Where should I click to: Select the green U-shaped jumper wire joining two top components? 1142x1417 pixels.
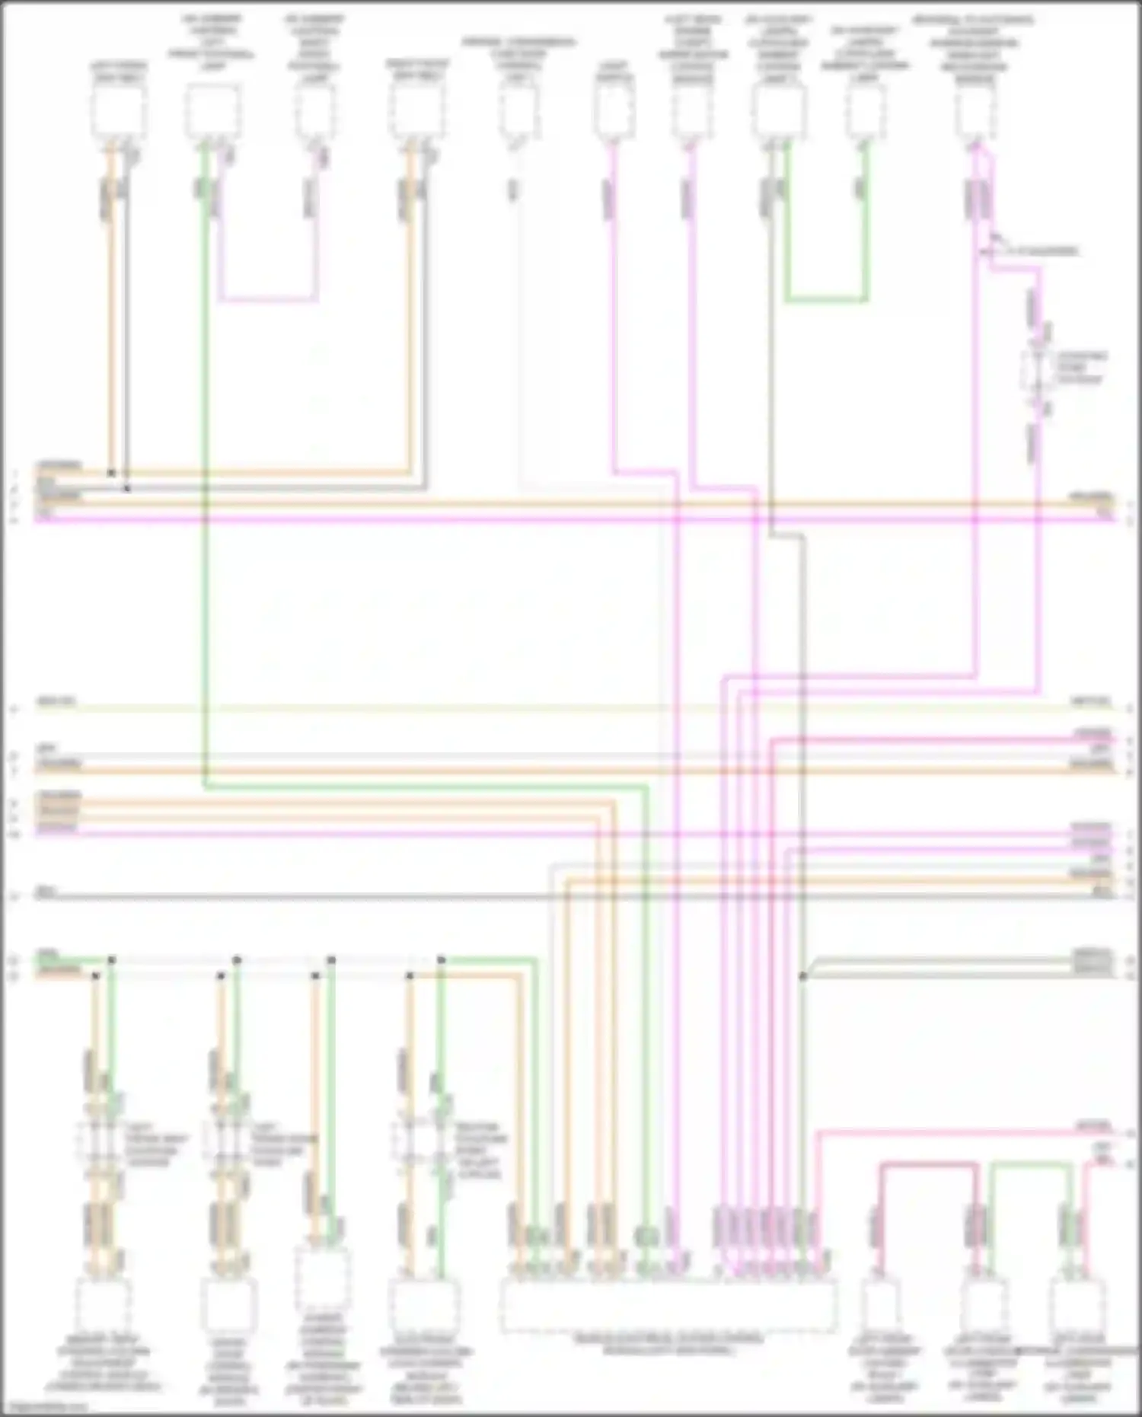(x=826, y=301)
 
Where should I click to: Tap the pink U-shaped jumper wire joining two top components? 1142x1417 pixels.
(x=268, y=299)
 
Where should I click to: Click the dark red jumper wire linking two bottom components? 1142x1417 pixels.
(x=929, y=1164)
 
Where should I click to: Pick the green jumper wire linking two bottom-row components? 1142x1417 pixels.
(x=1032, y=1164)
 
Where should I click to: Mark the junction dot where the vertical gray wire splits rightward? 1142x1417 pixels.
(x=802, y=975)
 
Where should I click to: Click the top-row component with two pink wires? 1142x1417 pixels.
(x=975, y=111)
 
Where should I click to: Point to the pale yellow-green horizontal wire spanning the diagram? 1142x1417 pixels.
(x=571, y=709)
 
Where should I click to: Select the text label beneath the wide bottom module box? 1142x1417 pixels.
(x=668, y=1345)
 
